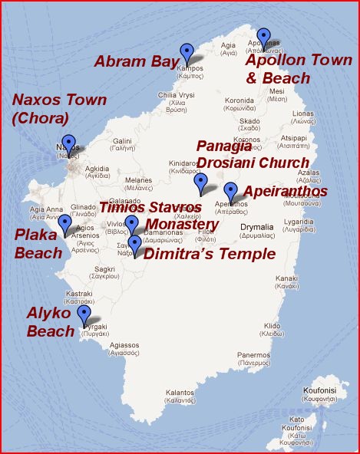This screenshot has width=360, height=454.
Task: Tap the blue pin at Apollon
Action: pyautogui.click(x=264, y=38)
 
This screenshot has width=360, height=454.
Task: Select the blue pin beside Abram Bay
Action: pyautogui.click(x=187, y=53)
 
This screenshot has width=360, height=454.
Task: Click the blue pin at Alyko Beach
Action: pyautogui.click(x=84, y=315)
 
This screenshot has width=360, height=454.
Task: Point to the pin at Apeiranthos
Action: pyautogui.click(x=230, y=192)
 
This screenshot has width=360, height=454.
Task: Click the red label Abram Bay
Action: pyautogui.click(x=137, y=61)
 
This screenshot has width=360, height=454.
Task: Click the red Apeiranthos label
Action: pyautogui.click(x=285, y=191)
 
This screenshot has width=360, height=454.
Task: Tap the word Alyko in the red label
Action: pyautogui.click(x=51, y=313)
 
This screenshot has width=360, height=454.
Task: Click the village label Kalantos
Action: pyautogui.click(x=179, y=395)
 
